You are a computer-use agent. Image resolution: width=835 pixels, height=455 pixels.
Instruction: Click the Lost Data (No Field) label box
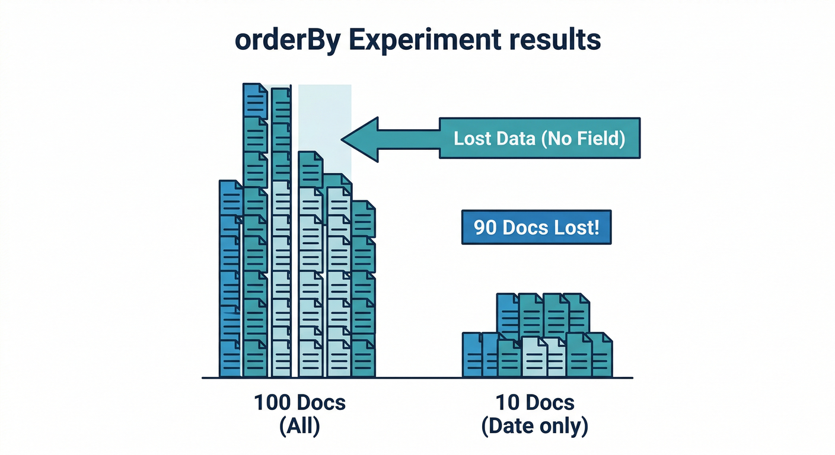[x=539, y=139]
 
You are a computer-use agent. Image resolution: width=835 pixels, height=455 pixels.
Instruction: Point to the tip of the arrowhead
[x=343, y=139]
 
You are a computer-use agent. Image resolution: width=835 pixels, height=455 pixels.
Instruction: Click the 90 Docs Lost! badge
[x=536, y=227]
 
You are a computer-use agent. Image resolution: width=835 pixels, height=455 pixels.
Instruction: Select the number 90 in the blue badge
[x=486, y=227]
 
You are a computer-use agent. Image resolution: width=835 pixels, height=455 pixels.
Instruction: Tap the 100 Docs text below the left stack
[x=299, y=403]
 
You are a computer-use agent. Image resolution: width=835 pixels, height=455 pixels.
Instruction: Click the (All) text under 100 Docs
[x=299, y=427]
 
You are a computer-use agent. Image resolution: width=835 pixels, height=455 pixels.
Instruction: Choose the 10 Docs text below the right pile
[x=535, y=403]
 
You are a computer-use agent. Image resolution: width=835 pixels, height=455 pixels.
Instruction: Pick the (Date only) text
[x=535, y=427]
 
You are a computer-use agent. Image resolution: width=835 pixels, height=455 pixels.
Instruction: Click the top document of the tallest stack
[x=255, y=101]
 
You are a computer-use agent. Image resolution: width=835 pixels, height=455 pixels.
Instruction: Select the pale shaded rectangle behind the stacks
[x=325, y=118]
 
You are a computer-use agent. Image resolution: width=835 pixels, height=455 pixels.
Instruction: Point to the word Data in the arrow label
[x=509, y=139]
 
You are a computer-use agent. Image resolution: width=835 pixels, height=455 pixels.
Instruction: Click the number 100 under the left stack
[x=274, y=403]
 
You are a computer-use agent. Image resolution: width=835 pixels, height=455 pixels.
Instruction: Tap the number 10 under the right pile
[x=506, y=403]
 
